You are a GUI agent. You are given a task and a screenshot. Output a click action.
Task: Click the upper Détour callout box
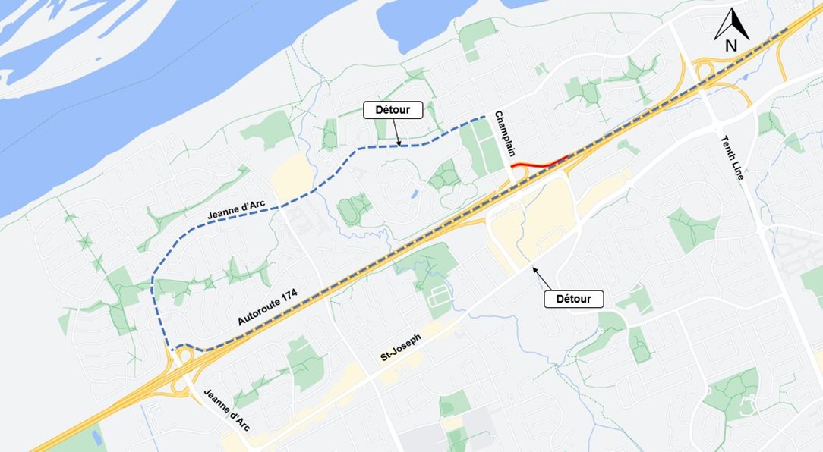pyautogui.click(x=393, y=110)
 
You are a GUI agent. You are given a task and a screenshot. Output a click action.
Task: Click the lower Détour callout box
pyautogui.click(x=574, y=298)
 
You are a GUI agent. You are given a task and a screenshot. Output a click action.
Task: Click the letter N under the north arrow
pyautogui.click(x=731, y=46)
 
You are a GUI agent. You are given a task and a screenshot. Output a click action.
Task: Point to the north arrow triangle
pyautogui.click(x=732, y=24)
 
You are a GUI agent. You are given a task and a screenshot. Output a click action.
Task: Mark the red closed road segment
pyautogui.click(x=540, y=162)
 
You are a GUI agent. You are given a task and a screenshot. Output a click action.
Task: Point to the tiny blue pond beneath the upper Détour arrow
pyautogui.click(x=414, y=194)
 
